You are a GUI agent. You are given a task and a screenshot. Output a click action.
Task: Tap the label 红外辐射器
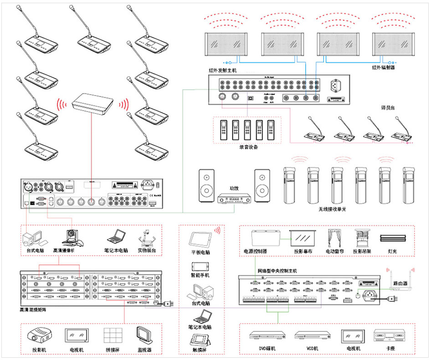[x=383, y=67]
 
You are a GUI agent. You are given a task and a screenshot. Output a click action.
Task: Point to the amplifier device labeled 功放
[x=234, y=198]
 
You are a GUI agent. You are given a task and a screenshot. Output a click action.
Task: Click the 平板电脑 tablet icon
[x=200, y=239]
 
